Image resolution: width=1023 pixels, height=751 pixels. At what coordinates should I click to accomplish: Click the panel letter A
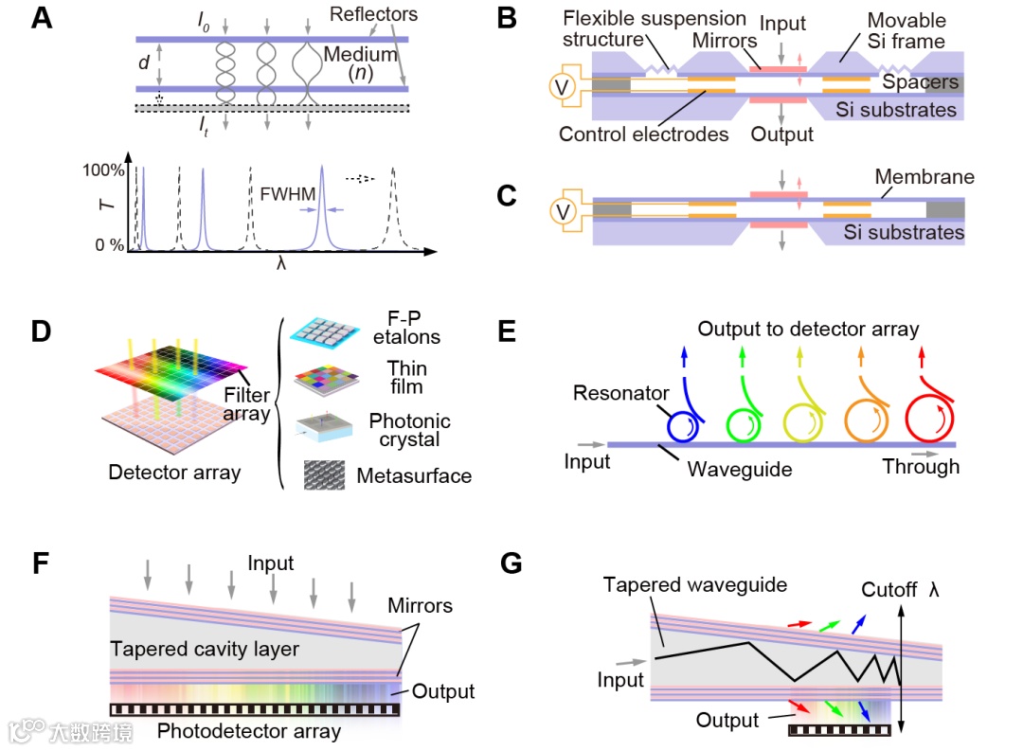pyautogui.click(x=42, y=18)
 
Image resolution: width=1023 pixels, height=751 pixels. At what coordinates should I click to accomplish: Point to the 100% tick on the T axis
pyautogui.click(x=104, y=171)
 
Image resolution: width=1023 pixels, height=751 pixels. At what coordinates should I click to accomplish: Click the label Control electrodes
pyautogui.click(x=644, y=134)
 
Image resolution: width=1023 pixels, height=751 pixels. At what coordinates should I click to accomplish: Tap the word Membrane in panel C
pyautogui.click(x=924, y=177)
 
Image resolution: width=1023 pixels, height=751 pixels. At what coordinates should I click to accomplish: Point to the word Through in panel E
pyautogui.click(x=921, y=466)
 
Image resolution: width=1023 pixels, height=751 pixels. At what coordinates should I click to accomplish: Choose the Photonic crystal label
pyautogui.click(x=409, y=430)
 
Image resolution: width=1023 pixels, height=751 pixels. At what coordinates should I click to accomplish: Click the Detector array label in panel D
pyautogui.click(x=174, y=472)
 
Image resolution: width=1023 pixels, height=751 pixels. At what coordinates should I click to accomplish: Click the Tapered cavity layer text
pyautogui.click(x=205, y=649)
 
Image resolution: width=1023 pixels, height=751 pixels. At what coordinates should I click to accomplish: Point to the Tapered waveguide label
pyautogui.click(x=695, y=585)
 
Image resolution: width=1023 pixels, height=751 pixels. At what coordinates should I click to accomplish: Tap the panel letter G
pyautogui.click(x=511, y=563)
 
